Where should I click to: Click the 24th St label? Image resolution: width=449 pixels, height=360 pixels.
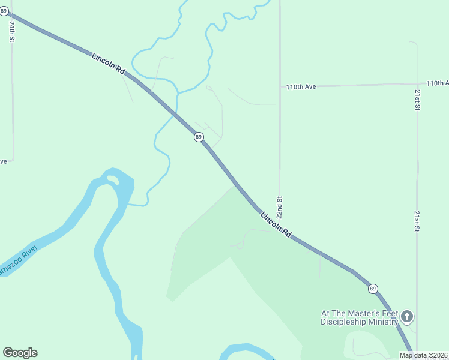12,31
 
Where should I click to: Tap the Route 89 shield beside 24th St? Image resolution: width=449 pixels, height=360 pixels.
4,11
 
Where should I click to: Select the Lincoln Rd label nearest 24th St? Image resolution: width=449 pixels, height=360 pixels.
108,64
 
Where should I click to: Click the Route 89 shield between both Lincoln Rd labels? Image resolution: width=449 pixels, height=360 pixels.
199,137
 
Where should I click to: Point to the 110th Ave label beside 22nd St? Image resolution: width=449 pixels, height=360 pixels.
301,87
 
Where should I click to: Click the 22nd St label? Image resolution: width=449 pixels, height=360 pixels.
279,207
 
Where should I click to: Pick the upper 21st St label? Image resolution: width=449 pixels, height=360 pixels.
417,100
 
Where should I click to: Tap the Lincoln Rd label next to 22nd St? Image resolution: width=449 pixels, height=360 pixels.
276,223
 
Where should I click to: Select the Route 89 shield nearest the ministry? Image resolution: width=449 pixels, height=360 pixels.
373,289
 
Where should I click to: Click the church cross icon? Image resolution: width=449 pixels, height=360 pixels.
407,316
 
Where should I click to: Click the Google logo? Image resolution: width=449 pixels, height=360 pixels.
20,353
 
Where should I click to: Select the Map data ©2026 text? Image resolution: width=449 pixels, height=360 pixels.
423,355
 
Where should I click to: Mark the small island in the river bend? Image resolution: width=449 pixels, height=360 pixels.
111,179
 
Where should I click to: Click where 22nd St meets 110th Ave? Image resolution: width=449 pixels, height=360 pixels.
280,87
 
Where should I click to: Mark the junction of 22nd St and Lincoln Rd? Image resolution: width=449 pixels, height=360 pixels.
279,224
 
